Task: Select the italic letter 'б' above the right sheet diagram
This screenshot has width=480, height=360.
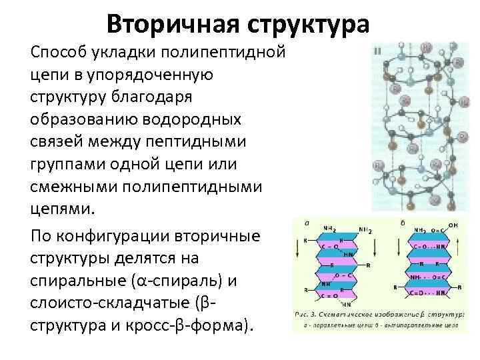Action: click(x=402, y=223)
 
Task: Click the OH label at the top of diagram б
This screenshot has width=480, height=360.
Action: click(x=453, y=225)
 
